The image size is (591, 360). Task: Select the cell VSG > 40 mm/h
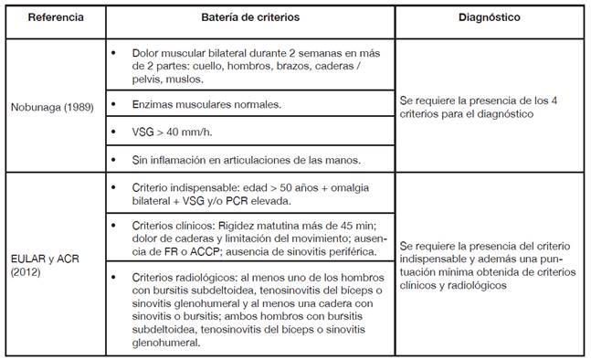pyautogui.click(x=175, y=132)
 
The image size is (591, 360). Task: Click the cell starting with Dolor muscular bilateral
pyautogui.click(x=247, y=67)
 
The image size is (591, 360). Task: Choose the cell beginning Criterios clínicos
pyautogui.click(x=247, y=236)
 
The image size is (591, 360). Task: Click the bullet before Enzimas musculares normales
pyautogui.click(x=113, y=105)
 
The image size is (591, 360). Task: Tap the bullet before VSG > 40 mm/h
pyautogui.click(x=113, y=132)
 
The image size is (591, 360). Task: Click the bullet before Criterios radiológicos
pyautogui.click(x=113, y=275)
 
